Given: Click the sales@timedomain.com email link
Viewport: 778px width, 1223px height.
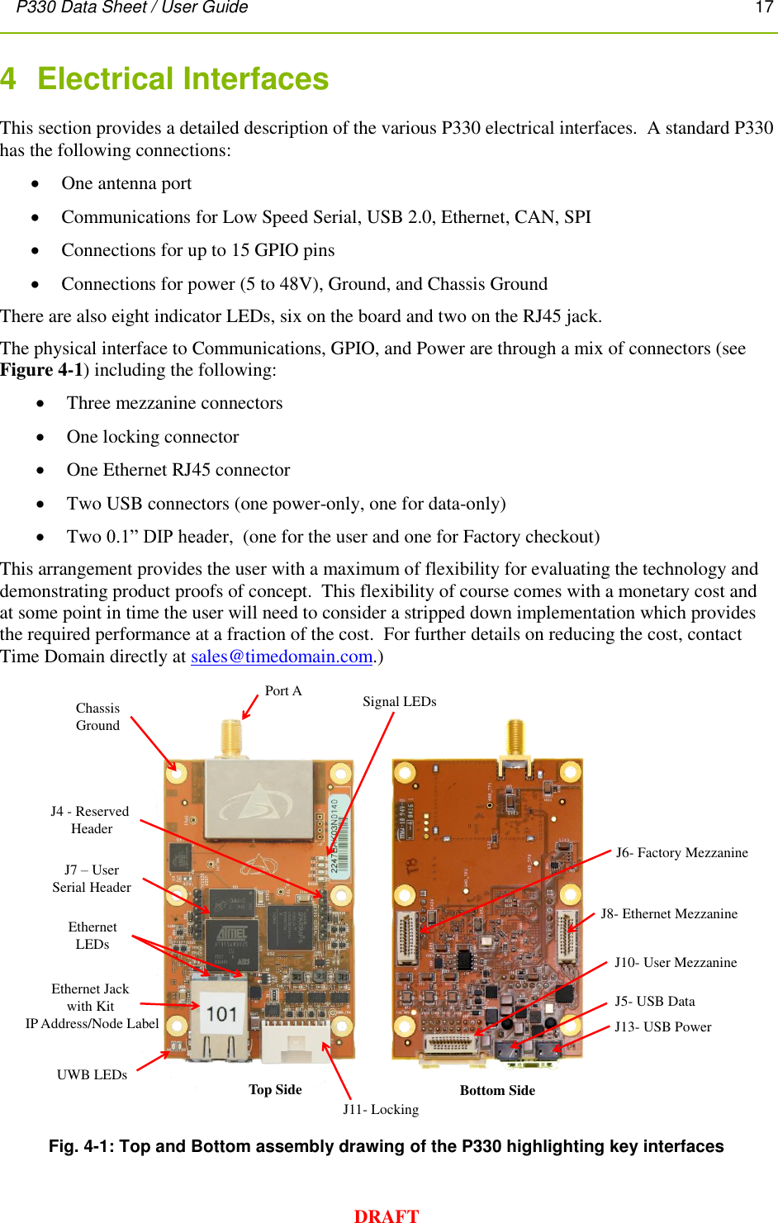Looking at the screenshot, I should click(282, 657).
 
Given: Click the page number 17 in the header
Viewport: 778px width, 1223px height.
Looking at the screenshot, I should click(764, 7).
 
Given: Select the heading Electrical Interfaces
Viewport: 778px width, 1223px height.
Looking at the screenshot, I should click(183, 79).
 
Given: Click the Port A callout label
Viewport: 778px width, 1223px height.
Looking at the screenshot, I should click(283, 691).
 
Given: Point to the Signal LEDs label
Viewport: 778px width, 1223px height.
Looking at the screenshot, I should click(399, 702).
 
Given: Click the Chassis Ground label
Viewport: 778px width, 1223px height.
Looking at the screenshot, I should click(97, 717).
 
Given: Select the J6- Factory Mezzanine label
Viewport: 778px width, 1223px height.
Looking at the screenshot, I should click(681, 853).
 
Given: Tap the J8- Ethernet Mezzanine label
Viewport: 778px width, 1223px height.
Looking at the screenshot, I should click(669, 914).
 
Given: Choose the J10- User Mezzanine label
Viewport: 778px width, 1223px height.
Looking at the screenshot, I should click(676, 963).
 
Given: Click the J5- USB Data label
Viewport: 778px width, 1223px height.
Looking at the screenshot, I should click(654, 1002).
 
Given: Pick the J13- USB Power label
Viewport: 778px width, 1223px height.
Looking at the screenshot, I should click(662, 1027).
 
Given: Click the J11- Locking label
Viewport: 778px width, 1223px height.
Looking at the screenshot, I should click(381, 1110).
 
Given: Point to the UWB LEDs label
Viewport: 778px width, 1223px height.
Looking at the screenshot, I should click(92, 1075).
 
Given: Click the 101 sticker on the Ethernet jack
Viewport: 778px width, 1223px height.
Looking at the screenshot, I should click(222, 1013).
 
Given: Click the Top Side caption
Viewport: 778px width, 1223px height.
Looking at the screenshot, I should click(275, 1090).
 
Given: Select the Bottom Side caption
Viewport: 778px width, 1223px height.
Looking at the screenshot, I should click(497, 1091).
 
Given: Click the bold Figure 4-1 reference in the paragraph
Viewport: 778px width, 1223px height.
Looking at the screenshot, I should click(41, 370).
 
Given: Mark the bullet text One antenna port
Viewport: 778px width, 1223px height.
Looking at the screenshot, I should click(126, 183).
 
